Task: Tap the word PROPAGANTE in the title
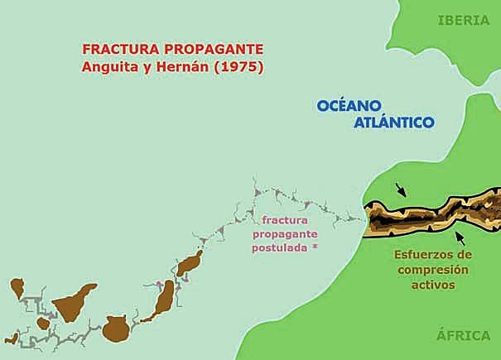click(211, 50)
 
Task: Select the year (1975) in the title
click(238, 67)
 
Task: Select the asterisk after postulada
click(316, 248)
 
